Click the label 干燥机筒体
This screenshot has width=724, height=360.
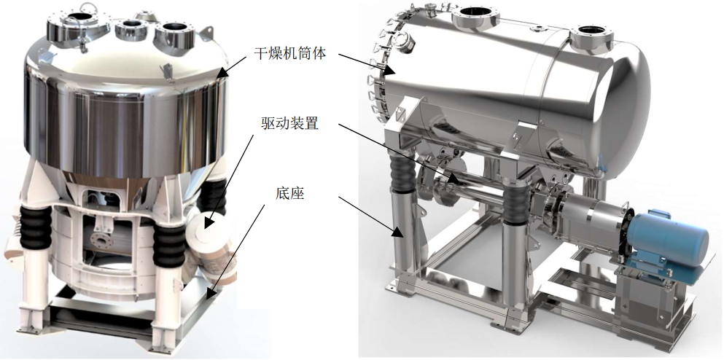point(290,53)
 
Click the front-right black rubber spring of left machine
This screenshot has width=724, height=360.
point(169,241)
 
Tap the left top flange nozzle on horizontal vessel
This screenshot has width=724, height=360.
point(475,18)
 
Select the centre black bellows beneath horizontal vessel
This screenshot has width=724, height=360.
point(515,200)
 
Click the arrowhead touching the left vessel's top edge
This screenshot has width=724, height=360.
point(222,73)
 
